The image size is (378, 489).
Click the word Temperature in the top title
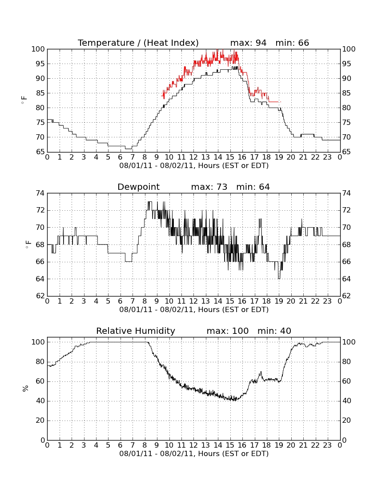106,43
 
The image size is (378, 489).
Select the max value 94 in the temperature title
261,43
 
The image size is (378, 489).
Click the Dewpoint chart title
138,187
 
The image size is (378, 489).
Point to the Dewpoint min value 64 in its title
264,187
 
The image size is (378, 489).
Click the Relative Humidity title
136,331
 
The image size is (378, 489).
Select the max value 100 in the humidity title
240,331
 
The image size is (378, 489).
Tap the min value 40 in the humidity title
286,331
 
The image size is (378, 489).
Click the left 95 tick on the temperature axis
40,64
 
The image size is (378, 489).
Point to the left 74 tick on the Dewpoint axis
40,193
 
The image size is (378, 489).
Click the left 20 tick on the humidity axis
40,421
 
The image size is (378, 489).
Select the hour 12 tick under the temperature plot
193,157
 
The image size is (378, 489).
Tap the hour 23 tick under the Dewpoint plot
327,301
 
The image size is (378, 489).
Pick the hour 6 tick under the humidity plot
121,445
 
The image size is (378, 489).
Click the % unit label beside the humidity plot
25,389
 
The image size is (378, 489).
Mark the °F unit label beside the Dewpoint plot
28,244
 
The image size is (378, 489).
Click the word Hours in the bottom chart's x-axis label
209,453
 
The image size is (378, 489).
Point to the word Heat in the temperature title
157,43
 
